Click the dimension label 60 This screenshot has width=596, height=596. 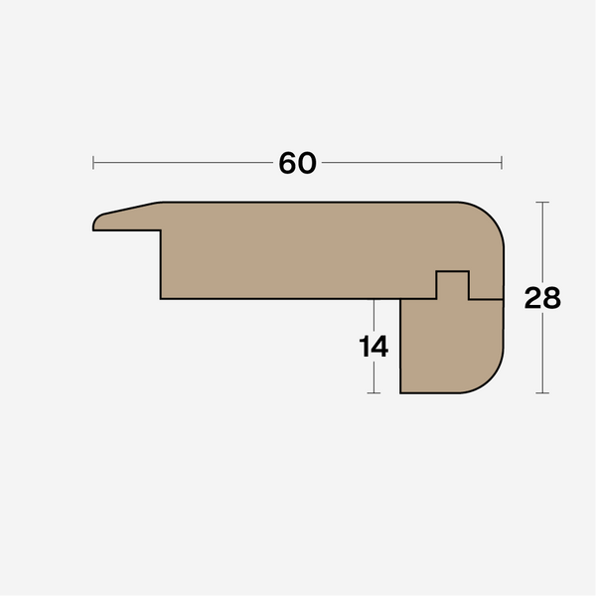click(x=297, y=163)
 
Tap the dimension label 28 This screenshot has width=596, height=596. click(x=542, y=298)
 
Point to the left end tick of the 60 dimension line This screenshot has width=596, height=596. click(x=93, y=162)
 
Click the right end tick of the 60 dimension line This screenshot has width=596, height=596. click(x=502, y=162)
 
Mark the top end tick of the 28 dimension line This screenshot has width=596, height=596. click(x=542, y=203)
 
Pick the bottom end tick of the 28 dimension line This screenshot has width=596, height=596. click(x=542, y=393)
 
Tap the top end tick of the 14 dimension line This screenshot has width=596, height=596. click(x=373, y=299)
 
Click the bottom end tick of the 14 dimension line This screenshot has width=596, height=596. click(x=373, y=393)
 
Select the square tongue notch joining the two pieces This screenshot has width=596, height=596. click(x=453, y=284)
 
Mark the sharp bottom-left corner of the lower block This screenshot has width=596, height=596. click(x=400, y=392)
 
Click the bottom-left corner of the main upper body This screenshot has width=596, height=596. click(x=161, y=298)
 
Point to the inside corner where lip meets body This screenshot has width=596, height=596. click(x=161, y=231)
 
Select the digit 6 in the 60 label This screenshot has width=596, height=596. click(x=288, y=163)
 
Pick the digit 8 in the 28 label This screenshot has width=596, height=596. click(x=551, y=298)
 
